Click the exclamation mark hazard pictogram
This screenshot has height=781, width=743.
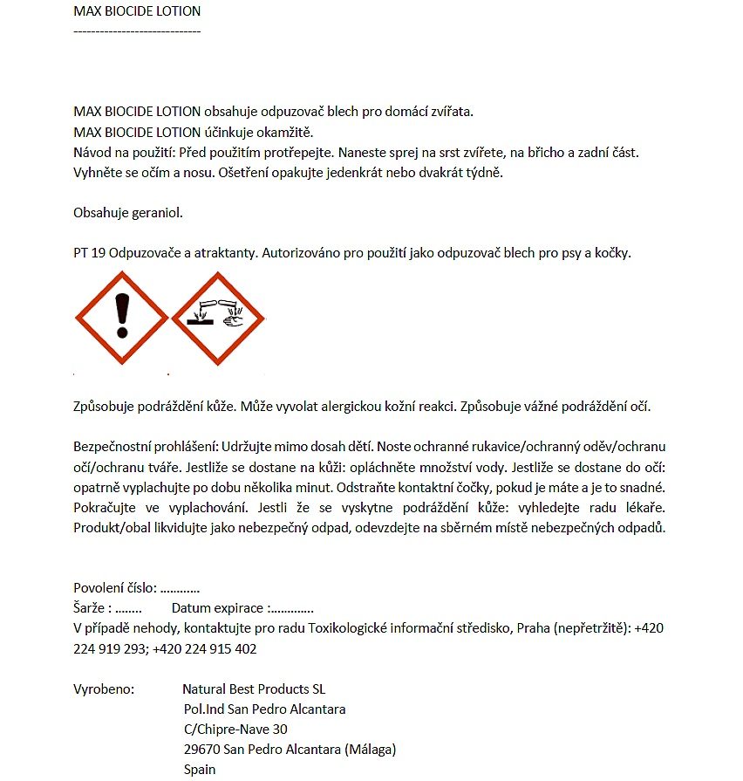[x=121, y=318]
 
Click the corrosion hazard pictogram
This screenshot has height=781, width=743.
[x=217, y=318]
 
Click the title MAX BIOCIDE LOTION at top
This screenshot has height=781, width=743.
[x=137, y=11]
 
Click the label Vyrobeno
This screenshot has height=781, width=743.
[x=104, y=689]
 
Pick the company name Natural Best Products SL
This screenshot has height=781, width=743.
[x=254, y=689]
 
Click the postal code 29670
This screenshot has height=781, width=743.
[x=201, y=749]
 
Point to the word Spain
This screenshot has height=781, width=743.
[x=200, y=770]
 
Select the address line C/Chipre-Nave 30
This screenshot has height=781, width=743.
[x=235, y=729]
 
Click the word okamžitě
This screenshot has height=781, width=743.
[x=283, y=132]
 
